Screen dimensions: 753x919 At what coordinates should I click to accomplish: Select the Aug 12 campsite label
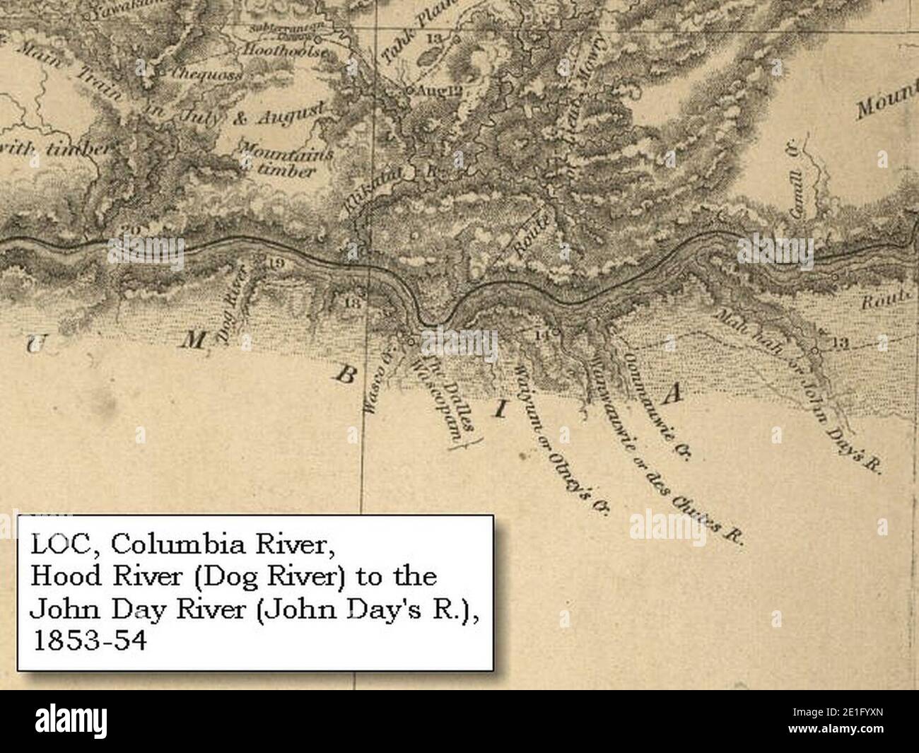(x=439, y=91)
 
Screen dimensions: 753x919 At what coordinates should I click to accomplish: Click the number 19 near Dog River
(x=276, y=263)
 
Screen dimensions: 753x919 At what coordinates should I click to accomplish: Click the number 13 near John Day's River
(x=839, y=344)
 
